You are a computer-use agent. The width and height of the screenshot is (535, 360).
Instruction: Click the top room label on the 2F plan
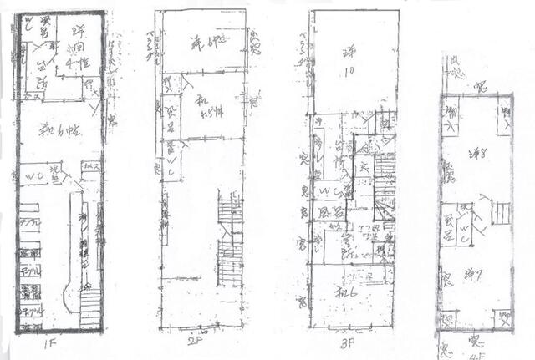[199, 41]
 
